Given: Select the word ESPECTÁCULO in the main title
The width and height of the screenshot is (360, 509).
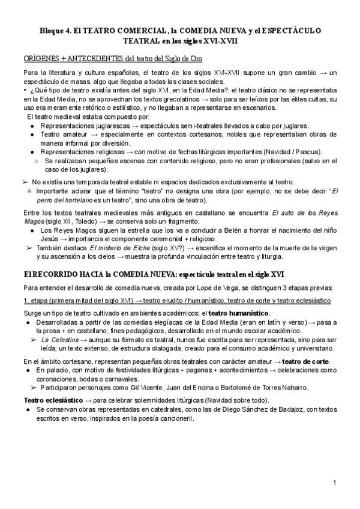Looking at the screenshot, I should [290, 31].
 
